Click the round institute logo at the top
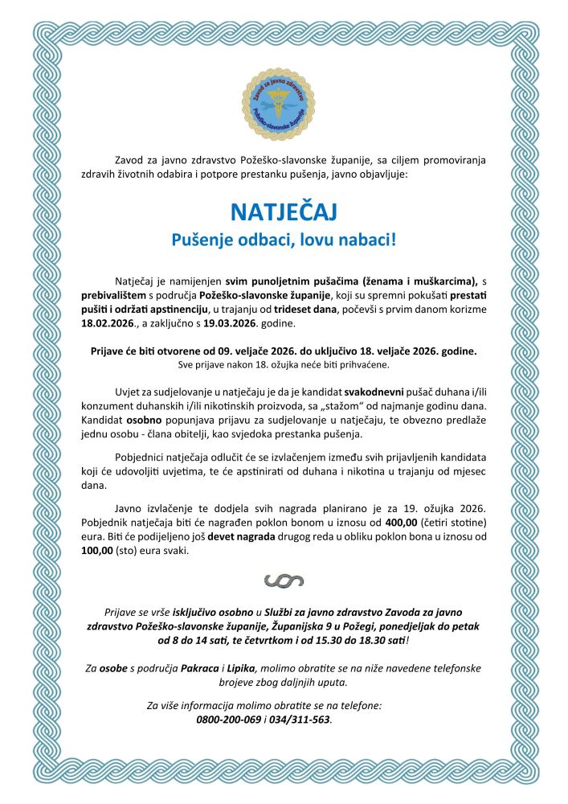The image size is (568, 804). click(284, 105)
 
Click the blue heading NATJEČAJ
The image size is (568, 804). click(284, 211)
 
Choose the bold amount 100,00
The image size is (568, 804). click(99, 552)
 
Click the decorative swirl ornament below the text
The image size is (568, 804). click(284, 580)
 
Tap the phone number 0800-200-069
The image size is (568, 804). click(229, 720)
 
